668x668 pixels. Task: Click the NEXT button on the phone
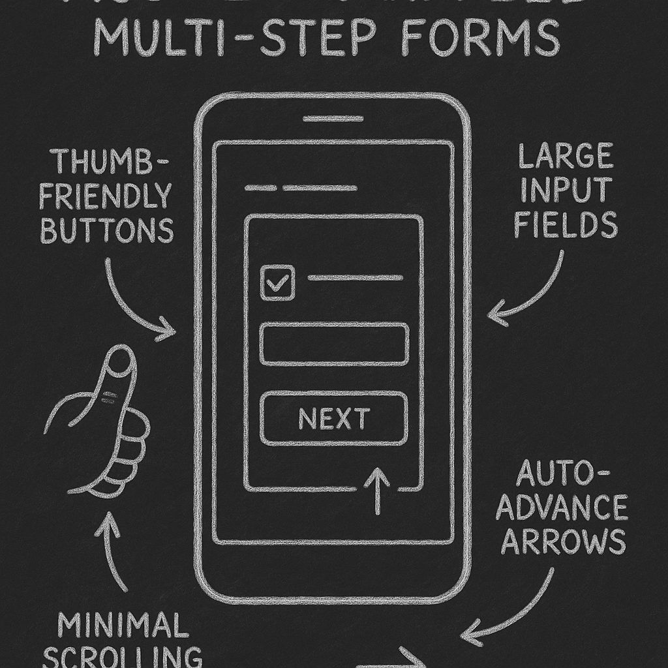(334, 419)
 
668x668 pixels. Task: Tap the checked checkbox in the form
(277, 283)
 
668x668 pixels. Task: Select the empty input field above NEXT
(334, 344)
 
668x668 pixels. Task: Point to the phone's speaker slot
(333, 119)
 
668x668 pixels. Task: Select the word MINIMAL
(120, 625)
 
